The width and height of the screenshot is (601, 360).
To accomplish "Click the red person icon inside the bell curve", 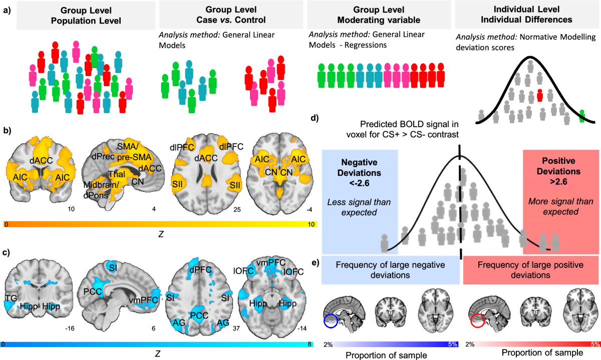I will [x=539, y=94].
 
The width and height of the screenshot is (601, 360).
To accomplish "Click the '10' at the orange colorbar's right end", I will [x=312, y=224].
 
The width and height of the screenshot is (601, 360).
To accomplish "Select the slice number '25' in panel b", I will [x=237, y=208].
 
